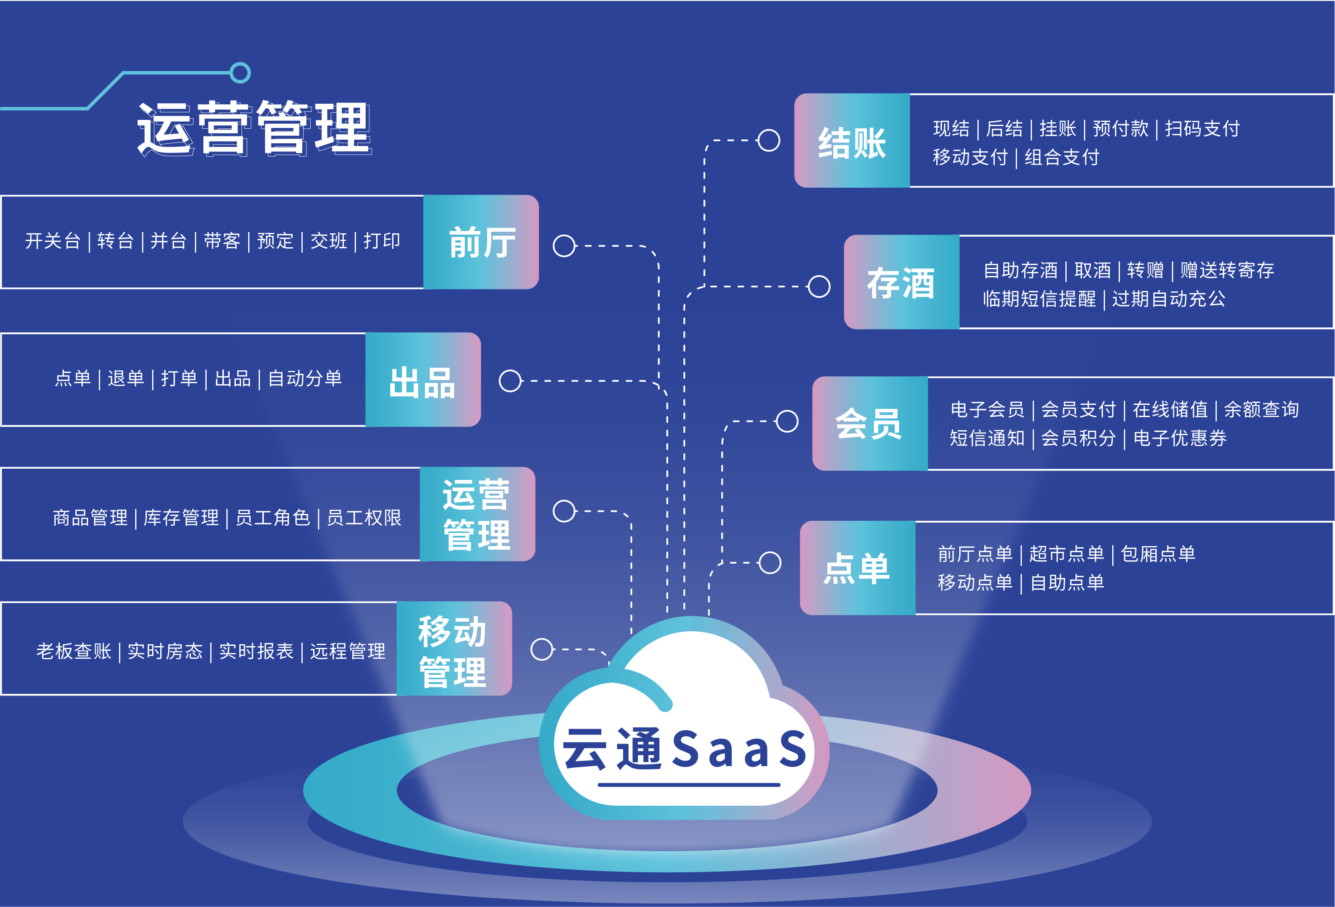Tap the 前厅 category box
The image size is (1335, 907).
click(x=481, y=242)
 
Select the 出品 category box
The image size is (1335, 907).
click(x=423, y=380)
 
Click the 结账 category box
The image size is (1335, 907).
click(x=852, y=141)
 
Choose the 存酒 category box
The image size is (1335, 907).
click(x=901, y=282)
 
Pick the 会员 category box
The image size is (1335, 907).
click(x=870, y=423)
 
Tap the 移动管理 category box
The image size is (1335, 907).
click(x=454, y=649)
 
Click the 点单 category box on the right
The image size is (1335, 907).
click(x=857, y=568)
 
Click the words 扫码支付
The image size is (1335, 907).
click(x=1202, y=129)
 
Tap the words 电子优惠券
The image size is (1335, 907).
click(x=1180, y=438)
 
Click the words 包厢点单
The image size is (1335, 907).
click(x=1158, y=554)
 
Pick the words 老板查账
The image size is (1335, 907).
click(x=73, y=651)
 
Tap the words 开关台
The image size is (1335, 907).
click(x=52, y=241)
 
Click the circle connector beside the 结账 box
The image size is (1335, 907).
click(x=769, y=140)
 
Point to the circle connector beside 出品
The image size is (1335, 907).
click(x=510, y=380)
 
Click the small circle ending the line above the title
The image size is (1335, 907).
click(x=240, y=73)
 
